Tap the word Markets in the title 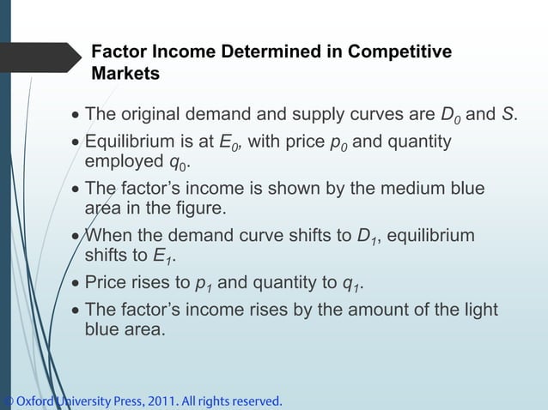click(x=125, y=74)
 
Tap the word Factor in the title click(x=119, y=52)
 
